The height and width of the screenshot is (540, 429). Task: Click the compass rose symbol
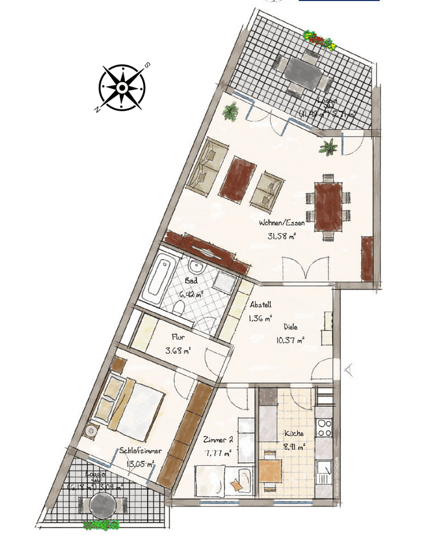coord(122,87)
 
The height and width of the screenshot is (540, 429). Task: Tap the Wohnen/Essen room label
coord(281,223)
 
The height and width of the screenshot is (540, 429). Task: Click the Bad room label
coord(190,280)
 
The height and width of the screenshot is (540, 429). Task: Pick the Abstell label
coord(260,304)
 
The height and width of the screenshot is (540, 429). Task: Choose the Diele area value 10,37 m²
coord(290,340)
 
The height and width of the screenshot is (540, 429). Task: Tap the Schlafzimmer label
coord(137,451)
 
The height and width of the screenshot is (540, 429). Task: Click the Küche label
coord(293,434)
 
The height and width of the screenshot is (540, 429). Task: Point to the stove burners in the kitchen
coord(324,427)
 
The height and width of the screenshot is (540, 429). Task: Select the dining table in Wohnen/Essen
coord(328,206)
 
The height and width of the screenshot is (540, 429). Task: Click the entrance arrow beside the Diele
coord(349,370)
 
